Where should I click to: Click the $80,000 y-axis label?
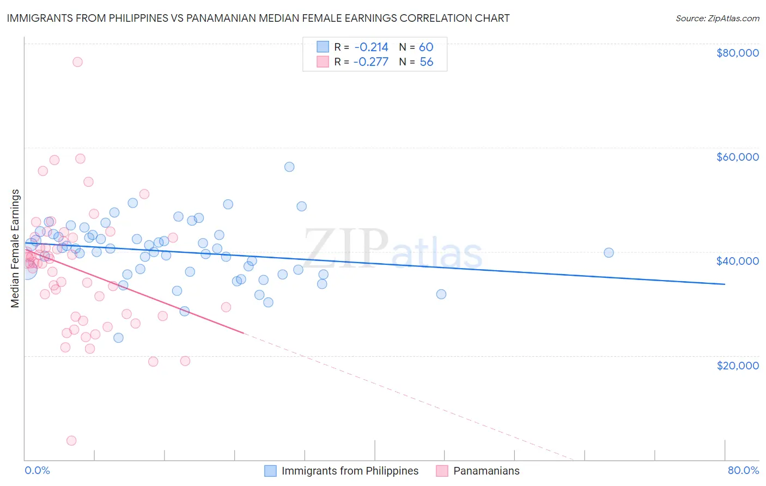point(737,53)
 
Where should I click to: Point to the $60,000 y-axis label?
point(737,157)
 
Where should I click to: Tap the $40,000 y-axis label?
point(737,261)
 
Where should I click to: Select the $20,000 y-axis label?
point(737,365)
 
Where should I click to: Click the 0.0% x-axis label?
point(37,470)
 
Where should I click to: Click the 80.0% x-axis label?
point(743,470)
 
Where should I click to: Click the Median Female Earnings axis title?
point(15,248)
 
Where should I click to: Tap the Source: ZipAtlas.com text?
point(717,19)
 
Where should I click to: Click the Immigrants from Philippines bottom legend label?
point(350,471)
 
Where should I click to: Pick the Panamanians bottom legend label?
point(486,471)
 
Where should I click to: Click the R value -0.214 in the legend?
point(370,47)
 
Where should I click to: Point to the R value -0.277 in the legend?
point(370,62)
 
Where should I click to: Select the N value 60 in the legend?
point(426,47)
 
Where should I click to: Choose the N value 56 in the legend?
point(426,62)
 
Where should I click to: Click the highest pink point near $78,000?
point(77,62)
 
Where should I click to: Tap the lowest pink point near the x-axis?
point(71,441)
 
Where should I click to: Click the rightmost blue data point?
point(609,253)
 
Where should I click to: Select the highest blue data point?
point(289,167)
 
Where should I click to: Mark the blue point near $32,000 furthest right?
point(441,294)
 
